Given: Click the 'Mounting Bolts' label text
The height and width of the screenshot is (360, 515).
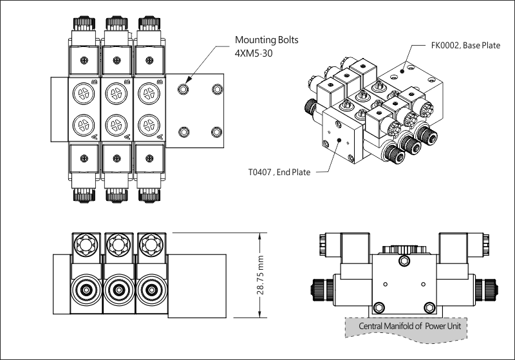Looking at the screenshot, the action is tap(267, 41).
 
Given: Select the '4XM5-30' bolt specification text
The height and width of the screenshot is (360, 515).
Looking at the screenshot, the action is tap(254, 53).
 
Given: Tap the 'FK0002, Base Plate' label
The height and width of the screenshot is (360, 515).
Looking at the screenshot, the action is tap(465, 45).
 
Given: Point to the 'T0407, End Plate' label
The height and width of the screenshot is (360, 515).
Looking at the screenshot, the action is tap(279, 172).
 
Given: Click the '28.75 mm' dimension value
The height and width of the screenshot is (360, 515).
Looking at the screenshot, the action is tap(261, 275).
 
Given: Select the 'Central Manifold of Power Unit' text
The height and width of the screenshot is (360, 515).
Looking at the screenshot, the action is tap(409, 326).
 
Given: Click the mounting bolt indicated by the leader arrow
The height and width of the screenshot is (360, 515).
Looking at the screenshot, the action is tap(183, 89).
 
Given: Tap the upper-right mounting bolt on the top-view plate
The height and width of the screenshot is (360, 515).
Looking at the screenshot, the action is tap(217, 89).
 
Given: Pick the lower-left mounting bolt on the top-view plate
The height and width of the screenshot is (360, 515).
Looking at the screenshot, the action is tap(183, 132).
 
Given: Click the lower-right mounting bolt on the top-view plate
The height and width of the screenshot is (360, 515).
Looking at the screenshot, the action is tap(216, 132).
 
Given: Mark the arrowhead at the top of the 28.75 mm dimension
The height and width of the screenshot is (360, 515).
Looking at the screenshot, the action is tap(260, 236).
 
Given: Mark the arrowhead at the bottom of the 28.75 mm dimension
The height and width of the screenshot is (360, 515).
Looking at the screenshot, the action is tap(260, 314).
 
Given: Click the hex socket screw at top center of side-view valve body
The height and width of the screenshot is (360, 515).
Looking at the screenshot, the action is tap(404, 261).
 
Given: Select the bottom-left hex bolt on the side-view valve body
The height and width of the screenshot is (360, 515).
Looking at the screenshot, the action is tap(379, 308).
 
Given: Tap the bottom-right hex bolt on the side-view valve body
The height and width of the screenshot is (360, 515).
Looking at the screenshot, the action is tap(429, 308).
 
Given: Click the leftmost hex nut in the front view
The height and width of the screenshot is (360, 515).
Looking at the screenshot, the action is tap(86, 245).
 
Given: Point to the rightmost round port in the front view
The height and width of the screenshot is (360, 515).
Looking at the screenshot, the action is tap(151, 290).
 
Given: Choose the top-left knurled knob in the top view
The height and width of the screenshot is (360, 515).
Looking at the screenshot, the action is tap(84, 23).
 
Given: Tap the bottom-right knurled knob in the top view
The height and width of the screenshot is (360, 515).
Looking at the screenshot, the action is tap(149, 195).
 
